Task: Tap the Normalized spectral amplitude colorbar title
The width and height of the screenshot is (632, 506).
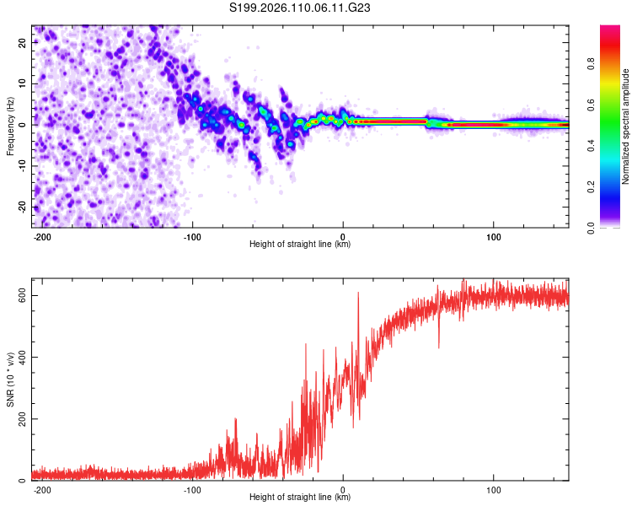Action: (x=625, y=126)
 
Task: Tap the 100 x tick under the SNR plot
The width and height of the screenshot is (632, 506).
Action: (x=493, y=489)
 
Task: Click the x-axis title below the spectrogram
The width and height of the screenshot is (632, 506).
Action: (x=300, y=245)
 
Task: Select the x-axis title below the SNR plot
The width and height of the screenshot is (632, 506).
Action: (x=300, y=498)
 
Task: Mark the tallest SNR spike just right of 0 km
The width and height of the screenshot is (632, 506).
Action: (x=358, y=293)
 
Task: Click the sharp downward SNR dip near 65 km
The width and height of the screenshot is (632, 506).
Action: (x=438, y=347)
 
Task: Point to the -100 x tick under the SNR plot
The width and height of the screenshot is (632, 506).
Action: (x=192, y=489)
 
